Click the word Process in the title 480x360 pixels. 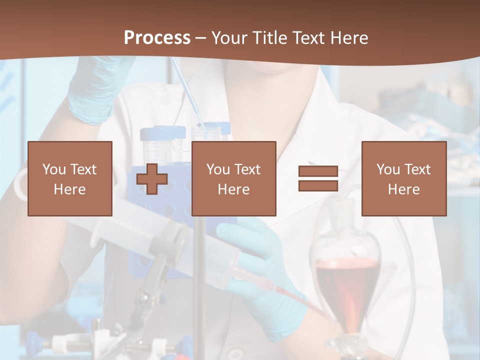pos(157,38)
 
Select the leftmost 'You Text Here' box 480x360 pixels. pos(70,178)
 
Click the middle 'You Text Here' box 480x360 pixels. pos(233,178)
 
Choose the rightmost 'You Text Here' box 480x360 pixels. pos(403,178)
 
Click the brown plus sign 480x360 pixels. pos(152,178)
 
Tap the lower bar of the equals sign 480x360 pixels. pos(318,185)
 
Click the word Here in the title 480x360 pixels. pos(349,38)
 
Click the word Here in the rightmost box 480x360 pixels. pos(403,189)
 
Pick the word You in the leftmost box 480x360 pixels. pos(54,169)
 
